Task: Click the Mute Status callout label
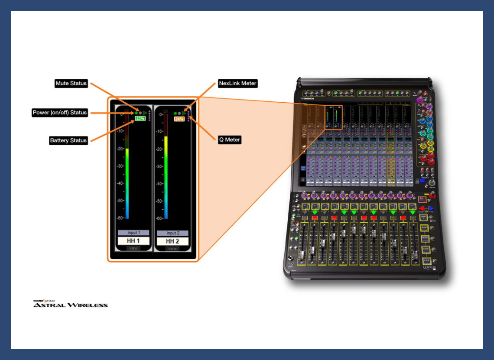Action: pyautogui.click(x=71, y=84)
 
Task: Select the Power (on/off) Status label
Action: pyautogui.click(x=60, y=113)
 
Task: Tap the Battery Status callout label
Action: pyautogui.click(x=68, y=140)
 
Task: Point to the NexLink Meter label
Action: pyautogui.click(x=237, y=84)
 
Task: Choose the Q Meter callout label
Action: pyautogui.click(x=230, y=140)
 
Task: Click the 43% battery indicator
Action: pyautogui.click(x=140, y=118)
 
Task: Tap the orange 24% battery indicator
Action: pyautogui.click(x=179, y=119)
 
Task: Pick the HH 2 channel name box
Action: pyautogui.click(x=172, y=241)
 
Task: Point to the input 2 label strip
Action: pyautogui.click(x=172, y=233)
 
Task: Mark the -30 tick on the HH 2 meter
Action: pyautogui.click(x=159, y=166)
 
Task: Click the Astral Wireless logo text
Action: pyautogui.click(x=71, y=305)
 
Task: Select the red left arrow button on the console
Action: pyautogui.click(x=422, y=209)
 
